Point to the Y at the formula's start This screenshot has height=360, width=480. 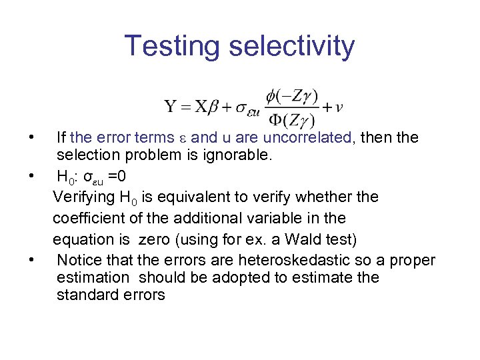click(171, 107)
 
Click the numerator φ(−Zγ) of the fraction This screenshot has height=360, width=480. click(292, 96)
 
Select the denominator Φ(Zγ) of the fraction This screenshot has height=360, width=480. click(292, 119)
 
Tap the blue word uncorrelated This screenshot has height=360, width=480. click(307, 138)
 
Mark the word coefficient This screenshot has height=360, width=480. click(89, 217)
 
